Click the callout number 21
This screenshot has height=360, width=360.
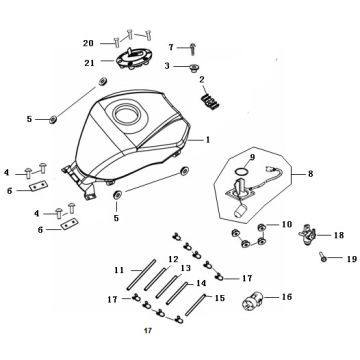coord(89,63)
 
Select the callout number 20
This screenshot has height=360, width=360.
coord(88,43)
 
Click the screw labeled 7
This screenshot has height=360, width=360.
coord(193,49)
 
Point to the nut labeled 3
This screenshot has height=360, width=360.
coord(192,68)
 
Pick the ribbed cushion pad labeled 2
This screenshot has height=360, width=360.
coord(211,101)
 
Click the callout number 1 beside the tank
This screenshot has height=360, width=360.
coord(208,140)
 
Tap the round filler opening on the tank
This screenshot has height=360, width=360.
coord(126,114)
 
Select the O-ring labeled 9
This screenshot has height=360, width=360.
coord(241,171)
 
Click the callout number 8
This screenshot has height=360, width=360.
coord(310,174)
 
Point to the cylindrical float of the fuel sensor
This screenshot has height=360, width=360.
coord(240,212)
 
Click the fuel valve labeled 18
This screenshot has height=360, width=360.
coord(307,234)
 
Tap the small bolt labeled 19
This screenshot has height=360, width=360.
coord(322,257)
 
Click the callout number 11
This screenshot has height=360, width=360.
coord(119,270)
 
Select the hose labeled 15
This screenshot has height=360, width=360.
coord(197,304)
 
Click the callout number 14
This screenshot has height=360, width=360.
coord(201,284)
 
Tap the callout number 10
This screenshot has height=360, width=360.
coord(287,224)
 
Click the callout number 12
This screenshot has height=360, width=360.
coord(173,259)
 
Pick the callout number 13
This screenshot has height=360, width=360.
coord(185,268)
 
